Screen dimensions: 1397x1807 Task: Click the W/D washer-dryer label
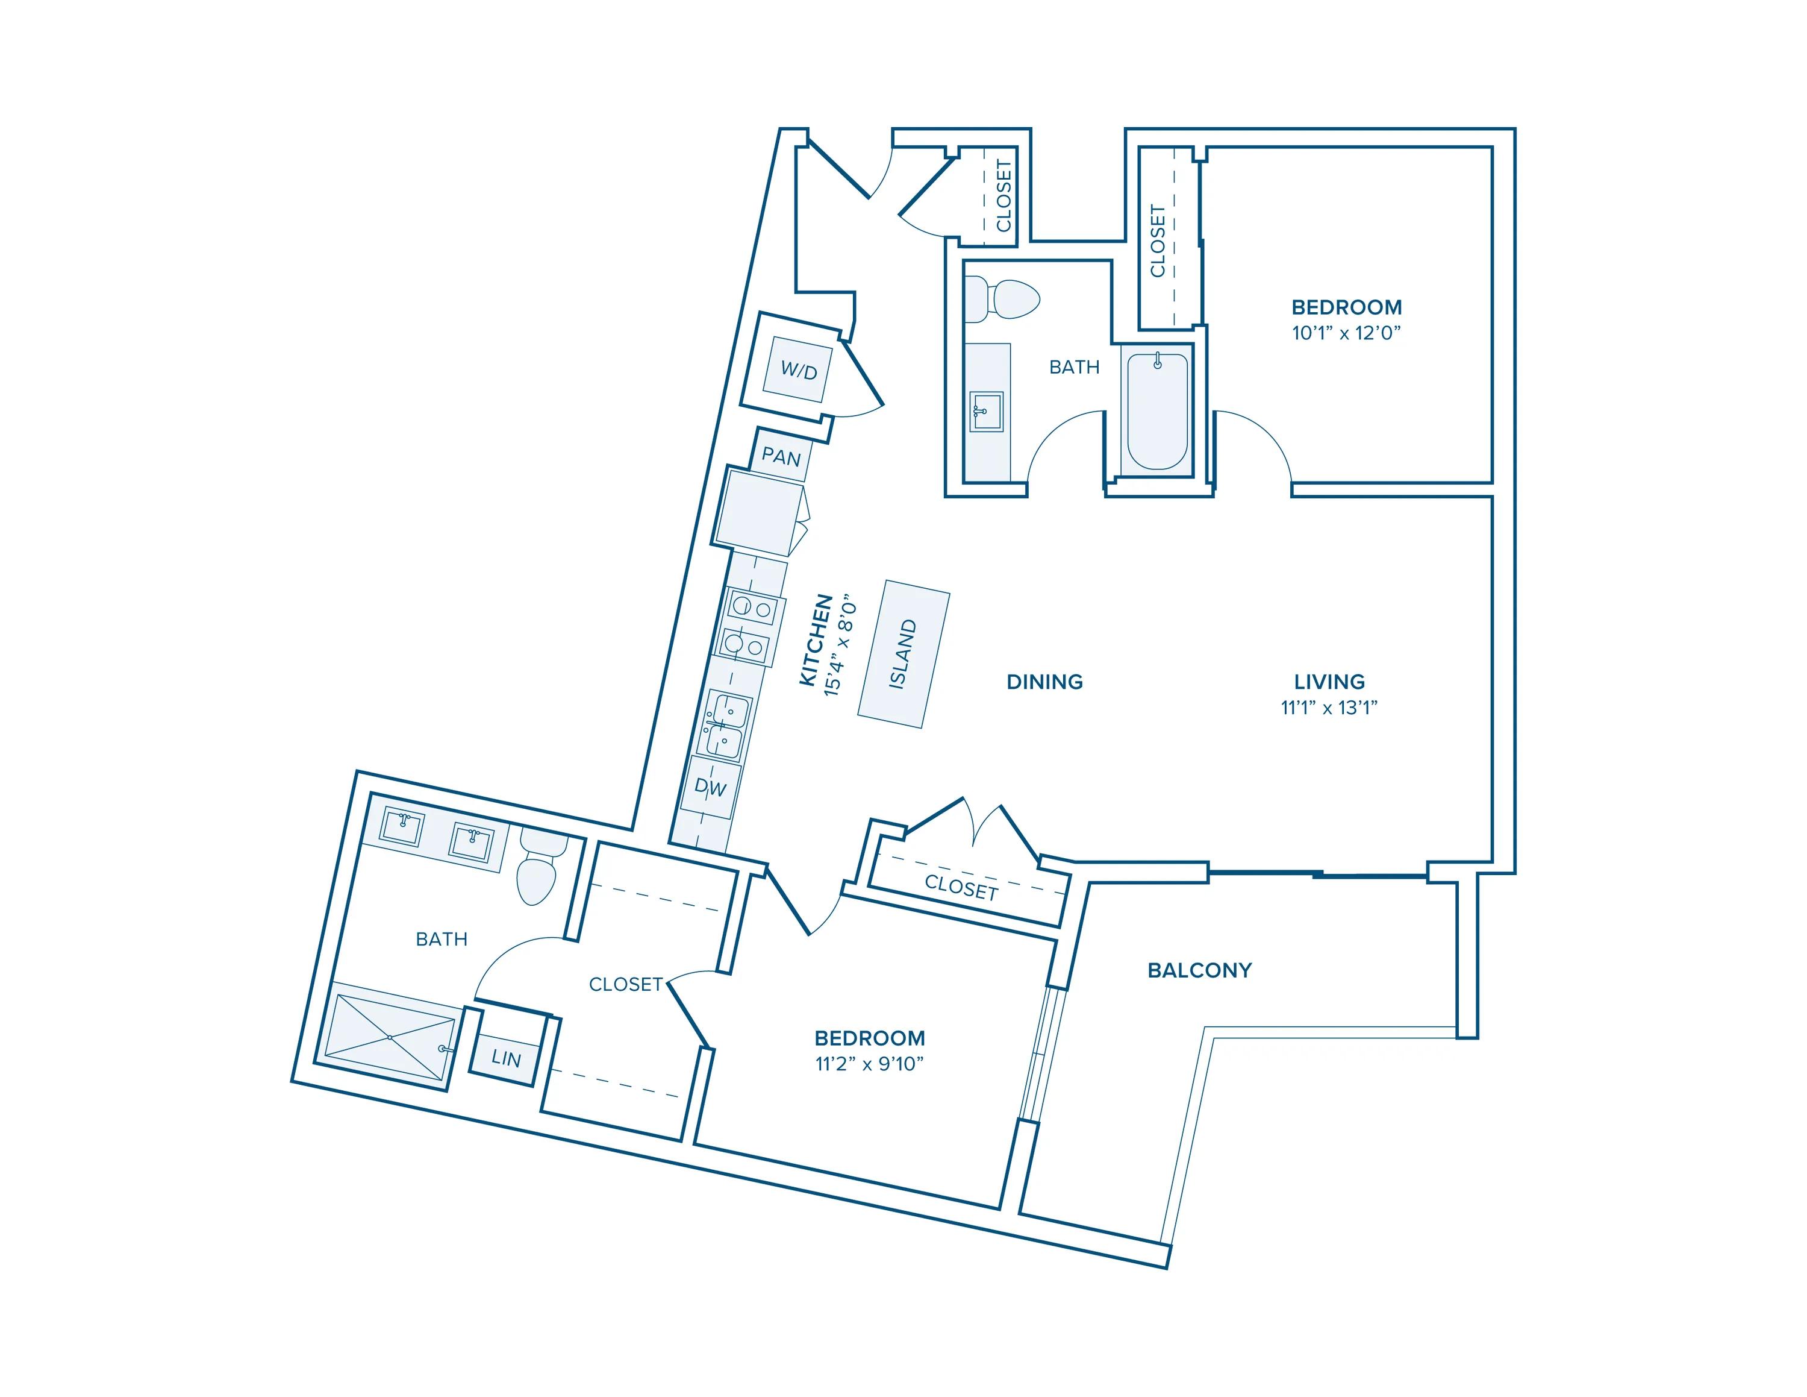799,371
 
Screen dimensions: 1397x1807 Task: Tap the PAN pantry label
780,457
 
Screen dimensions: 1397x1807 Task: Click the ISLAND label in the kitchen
903,654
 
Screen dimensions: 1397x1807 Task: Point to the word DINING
1044,682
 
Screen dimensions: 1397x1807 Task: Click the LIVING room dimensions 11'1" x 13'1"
1329,708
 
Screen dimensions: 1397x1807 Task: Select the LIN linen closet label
505,1058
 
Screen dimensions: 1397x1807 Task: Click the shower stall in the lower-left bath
390,1036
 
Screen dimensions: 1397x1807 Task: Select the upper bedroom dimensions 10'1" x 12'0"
1346,333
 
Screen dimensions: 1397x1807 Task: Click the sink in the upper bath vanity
986,411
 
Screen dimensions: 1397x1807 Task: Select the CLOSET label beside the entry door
1003,195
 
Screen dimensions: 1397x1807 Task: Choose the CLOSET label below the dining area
961,887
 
